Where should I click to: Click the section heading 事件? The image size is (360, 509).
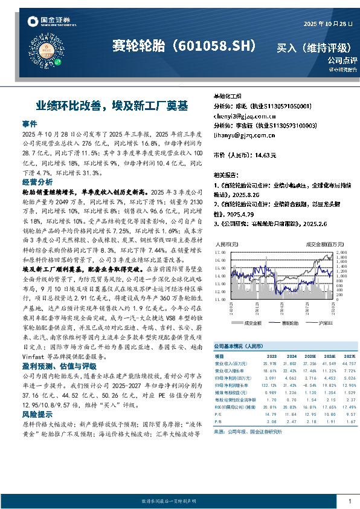(x=30, y=123)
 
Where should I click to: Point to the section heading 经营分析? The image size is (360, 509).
(x=37, y=181)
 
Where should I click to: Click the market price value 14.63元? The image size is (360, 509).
(x=265, y=155)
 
